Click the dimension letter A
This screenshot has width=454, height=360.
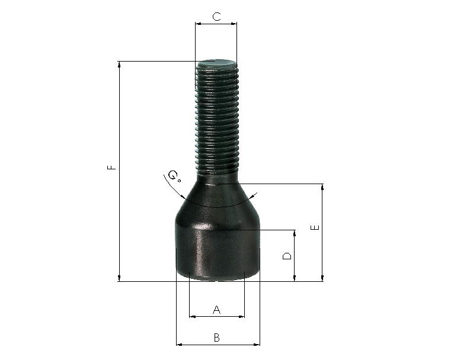(x=216, y=310)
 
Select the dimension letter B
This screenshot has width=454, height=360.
(x=216, y=337)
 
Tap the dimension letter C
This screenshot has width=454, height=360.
(x=216, y=17)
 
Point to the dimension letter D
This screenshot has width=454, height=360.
(x=287, y=256)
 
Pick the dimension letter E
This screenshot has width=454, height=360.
(x=315, y=227)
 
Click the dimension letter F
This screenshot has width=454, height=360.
(x=111, y=167)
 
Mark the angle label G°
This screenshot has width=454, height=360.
(x=174, y=176)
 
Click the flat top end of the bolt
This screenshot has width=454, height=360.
(x=216, y=62)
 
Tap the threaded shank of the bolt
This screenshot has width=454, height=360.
(x=217, y=118)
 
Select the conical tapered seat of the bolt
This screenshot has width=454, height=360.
(x=217, y=200)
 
